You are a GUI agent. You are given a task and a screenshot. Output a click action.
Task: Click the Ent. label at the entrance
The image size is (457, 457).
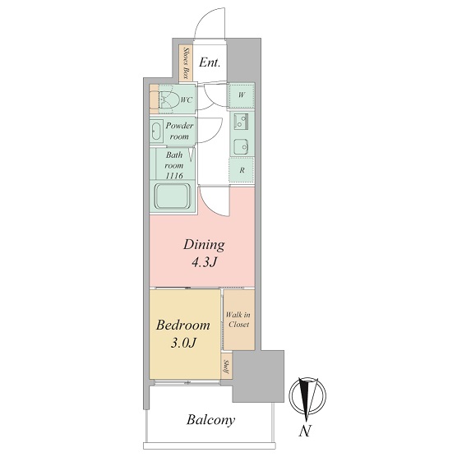210,62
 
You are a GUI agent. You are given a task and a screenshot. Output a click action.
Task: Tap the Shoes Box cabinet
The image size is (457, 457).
186,63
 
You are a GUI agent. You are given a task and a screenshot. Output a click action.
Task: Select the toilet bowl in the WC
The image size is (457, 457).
168,99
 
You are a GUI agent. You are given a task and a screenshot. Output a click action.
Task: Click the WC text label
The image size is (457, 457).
187,100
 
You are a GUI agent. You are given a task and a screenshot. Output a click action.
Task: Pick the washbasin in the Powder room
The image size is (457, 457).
156,132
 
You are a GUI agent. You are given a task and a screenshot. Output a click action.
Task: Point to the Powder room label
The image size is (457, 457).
179,131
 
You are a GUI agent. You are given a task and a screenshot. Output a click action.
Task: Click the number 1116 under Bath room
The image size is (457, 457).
174,175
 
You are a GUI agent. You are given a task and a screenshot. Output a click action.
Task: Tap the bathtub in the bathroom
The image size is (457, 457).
173,196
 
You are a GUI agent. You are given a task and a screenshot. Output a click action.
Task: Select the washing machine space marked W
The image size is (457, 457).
242,95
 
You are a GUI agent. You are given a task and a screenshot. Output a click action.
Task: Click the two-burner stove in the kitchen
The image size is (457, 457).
241,122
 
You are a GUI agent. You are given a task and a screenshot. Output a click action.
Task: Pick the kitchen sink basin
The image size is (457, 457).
242,145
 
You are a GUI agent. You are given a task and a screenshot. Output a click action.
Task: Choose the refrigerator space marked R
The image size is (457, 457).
242,170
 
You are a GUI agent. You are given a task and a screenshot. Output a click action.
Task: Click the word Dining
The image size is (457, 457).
204,245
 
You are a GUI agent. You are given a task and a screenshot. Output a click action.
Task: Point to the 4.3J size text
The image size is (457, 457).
204,263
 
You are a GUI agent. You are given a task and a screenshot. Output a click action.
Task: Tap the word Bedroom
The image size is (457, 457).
182,325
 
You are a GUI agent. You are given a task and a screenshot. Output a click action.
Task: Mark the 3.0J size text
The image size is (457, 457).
182,344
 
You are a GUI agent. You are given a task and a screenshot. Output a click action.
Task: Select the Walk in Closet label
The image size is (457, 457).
238,320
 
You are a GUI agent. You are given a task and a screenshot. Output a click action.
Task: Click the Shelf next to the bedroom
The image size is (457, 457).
226,367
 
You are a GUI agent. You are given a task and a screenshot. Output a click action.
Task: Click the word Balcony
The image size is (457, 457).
210,420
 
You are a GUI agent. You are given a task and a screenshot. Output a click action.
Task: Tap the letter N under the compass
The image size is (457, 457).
305,431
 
